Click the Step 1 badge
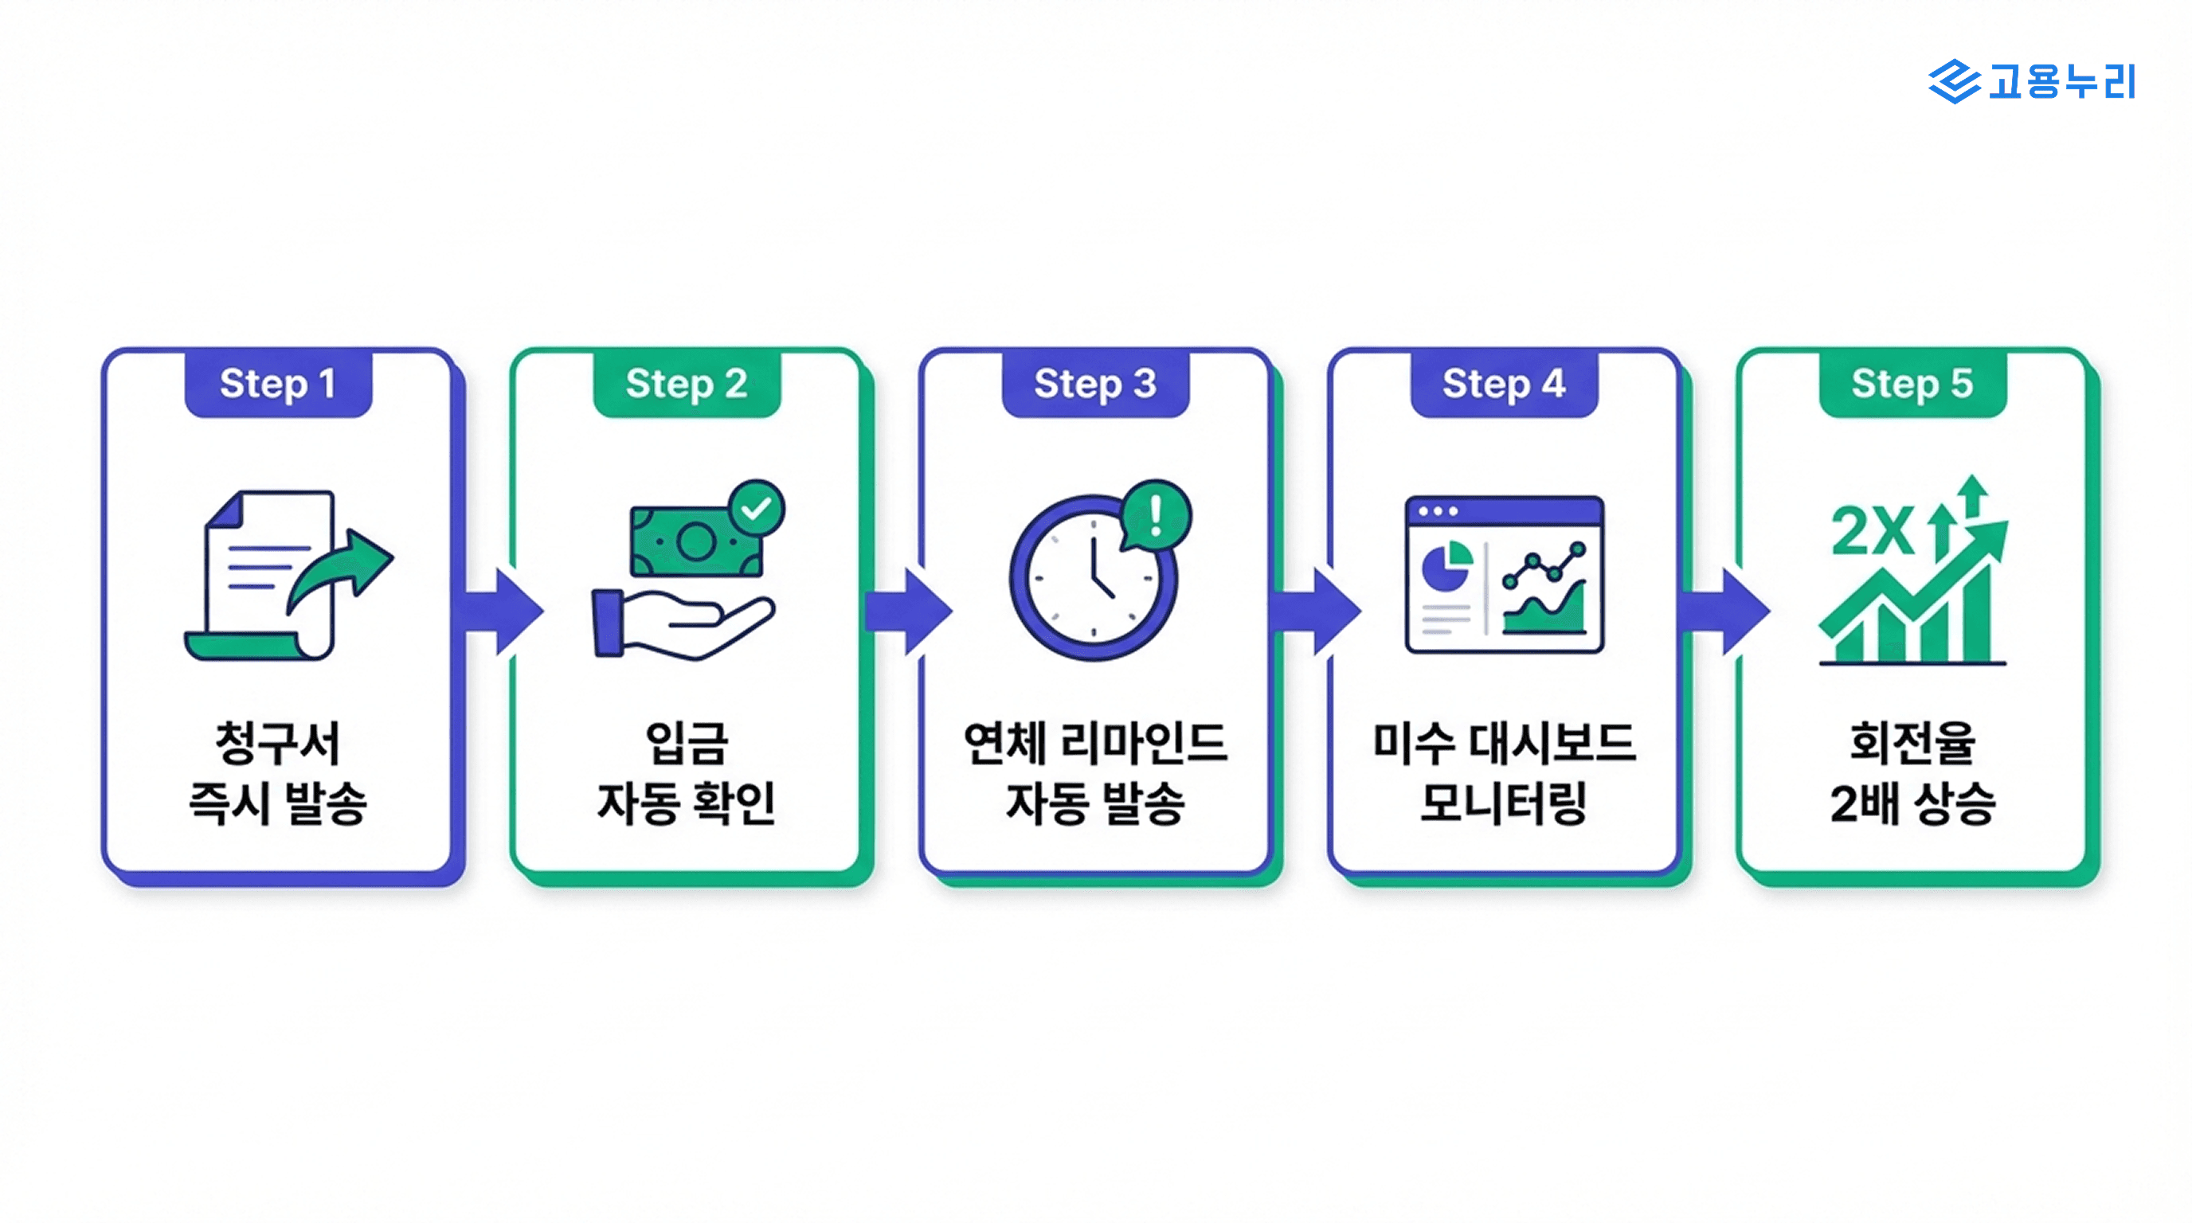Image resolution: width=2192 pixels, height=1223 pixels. pos(278,384)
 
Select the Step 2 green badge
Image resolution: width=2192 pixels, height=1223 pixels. pos(687,384)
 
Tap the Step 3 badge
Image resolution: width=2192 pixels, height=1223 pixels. pos(1095,384)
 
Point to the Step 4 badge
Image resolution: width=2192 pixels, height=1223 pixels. pos(1504,384)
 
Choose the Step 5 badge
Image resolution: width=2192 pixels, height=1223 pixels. pos(1912,384)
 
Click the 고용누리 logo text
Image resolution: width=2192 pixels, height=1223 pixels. pos(2061,82)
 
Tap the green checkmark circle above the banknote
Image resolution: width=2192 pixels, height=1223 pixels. pos(757,509)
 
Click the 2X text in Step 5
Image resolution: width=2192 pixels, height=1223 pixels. pos(1871,533)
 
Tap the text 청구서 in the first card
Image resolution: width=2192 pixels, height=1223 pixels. pos(278,742)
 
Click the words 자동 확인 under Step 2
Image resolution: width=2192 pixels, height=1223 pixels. pos(687,803)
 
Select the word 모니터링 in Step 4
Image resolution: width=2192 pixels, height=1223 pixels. pos(1504,803)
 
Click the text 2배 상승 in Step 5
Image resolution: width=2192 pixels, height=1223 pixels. pos(1912,803)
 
